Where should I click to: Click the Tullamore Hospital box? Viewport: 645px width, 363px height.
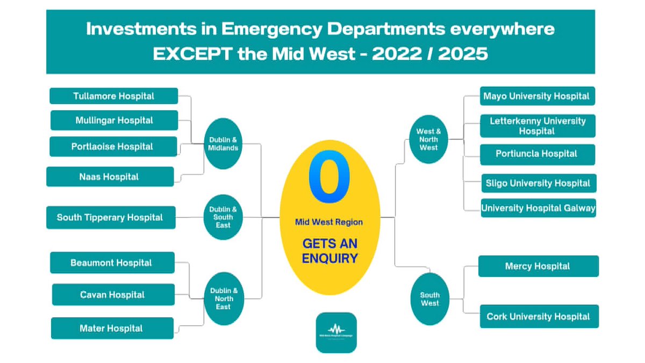click(x=113, y=96)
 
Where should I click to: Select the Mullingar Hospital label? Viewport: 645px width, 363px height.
click(x=114, y=120)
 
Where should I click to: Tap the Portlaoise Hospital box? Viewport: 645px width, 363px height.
click(x=113, y=146)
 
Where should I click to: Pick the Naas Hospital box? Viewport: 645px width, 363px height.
click(x=110, y=176)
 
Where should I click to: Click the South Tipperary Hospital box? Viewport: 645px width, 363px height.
click(x=111, y=217)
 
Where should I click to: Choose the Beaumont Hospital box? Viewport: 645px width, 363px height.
click(x=112, y=263)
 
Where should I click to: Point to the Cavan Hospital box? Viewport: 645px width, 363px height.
click(x=113, y=295)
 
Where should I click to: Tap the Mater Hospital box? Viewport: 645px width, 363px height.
click(x=112, y=328)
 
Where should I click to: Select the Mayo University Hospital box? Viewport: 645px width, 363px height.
click(x=537, y=96)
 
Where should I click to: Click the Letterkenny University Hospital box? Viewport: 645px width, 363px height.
click(x=537, y=126)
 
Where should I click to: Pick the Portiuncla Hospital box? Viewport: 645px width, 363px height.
click(x=537, y=154)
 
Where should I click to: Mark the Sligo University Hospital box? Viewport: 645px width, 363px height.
click(x=537, y=183)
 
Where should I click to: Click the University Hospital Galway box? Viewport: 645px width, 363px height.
click(x=538, y=208)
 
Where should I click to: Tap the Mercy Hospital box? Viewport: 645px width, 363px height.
click(x=538, y=266)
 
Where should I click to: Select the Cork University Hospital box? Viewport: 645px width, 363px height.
click(x=539, y=317)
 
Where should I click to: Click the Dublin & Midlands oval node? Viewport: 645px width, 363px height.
click(x=223, y=144)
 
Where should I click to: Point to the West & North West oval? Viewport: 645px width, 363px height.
click(x=428, y=139)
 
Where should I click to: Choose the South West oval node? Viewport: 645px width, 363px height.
click(x=429, y=299)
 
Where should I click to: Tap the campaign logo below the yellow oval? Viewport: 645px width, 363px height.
click(x=336, y=332)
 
